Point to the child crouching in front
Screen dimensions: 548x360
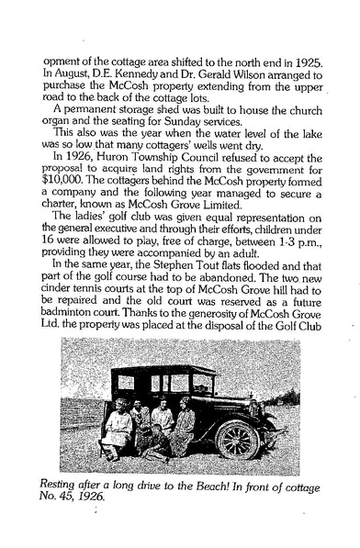pos(157,445)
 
